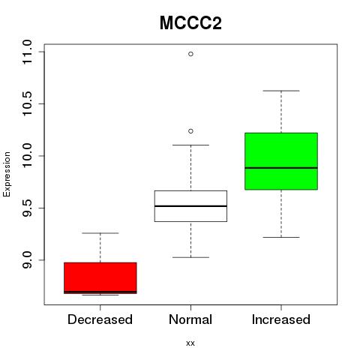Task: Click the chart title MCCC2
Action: tap(190, 23)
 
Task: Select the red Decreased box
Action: tap(100, 278)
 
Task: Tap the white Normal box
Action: tap(190, 206)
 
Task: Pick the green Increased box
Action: tap(281, 161)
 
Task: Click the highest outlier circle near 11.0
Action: tap(190, 54)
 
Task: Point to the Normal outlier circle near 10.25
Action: tap(190, 131)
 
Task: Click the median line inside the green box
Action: tap(281, 168)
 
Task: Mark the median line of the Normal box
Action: tap(190, 206)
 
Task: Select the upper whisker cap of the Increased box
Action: tap(281, 91)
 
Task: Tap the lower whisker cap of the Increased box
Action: tap(281, 237)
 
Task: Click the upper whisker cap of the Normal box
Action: tap(190, 145)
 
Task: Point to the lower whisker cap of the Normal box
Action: tap(190, 257)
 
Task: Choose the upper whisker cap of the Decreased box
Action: tap(100, 233)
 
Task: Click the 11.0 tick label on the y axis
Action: tap(27, 52)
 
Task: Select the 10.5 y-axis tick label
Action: tap(27, 103)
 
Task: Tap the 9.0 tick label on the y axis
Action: tap(27, 260)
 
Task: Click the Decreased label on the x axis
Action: tap(100, 319)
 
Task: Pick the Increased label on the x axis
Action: tap(281, 319)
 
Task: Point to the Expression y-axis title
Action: tap(7, 174)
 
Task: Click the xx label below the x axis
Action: tap(190, 343)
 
